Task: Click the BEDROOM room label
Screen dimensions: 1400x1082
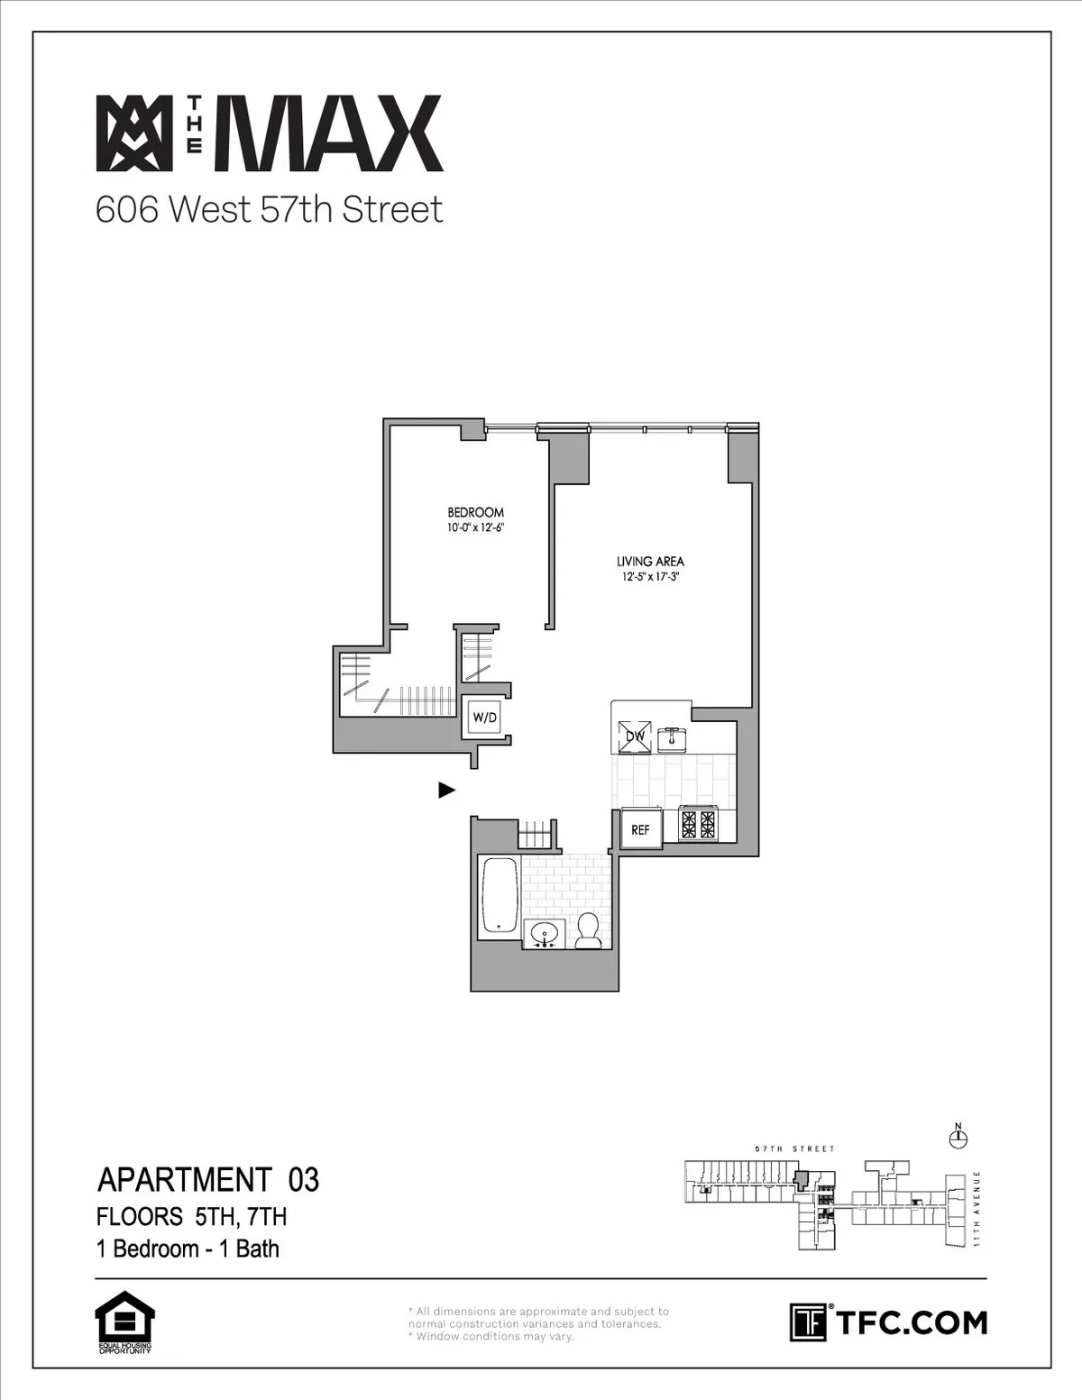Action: pyautogui.click(x=475, y=512)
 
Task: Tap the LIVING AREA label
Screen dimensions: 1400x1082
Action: pyautogui.click(x=649, y=561)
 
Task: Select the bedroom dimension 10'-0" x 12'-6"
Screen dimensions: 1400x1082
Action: pyautogui.click(x=475, y=528)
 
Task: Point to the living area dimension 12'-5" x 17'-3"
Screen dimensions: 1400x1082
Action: pyautogui.click(x=649, y=577)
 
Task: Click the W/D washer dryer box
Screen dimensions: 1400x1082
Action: pyautogui.click(x=484, y=718)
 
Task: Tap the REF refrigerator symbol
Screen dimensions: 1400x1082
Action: pyautogui.click(x=640, y=829)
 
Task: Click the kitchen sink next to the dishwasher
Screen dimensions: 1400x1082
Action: pyautogui.click(x=672, y=738)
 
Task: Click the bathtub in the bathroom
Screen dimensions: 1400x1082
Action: pyautogui.click(x=500, y=895)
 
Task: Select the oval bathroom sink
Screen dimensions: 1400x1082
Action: pyautogui.click(x=544, y=934)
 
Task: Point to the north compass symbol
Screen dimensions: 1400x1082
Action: pyautogui.click(x=958, y=1139)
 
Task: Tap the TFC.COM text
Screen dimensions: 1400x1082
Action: pyautogui.click(x=912, y=1322)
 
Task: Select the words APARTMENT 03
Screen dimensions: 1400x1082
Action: pyautogui.click(x=208, y=1180)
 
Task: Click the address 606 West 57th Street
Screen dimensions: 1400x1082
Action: pyautogui.click(x=270, y=210)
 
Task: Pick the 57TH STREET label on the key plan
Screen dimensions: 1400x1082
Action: pyautogui.click(x=794, y=1149)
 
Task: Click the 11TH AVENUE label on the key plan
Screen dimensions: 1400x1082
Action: pyautogui.click(x=977, y=1209)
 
